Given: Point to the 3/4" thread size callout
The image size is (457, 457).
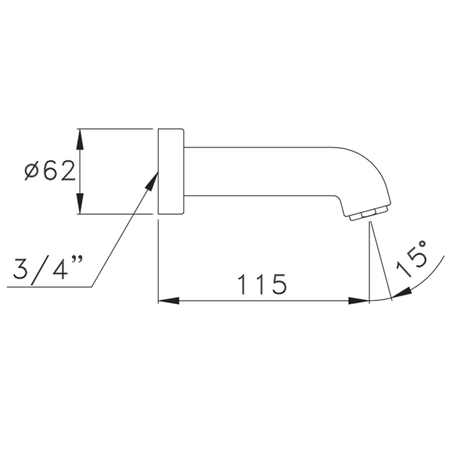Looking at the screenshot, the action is pyautogui.click(x=47, y=270).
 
